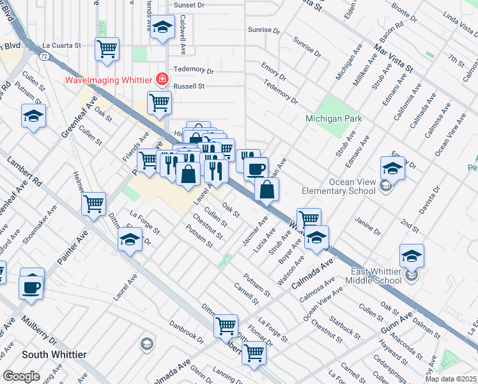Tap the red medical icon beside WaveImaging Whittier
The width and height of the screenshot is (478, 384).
[162, 79]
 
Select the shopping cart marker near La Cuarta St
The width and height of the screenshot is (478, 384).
[107, 49]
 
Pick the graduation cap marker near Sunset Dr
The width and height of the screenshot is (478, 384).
[163, 28]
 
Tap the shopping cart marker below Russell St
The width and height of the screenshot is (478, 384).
[159, 102]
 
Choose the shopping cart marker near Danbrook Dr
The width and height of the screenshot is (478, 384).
[226, 326]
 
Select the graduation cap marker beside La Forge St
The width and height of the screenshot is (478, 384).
[130, 239]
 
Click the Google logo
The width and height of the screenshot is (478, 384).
[21, 376]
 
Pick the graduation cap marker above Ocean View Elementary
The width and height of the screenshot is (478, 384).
[392, 167]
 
